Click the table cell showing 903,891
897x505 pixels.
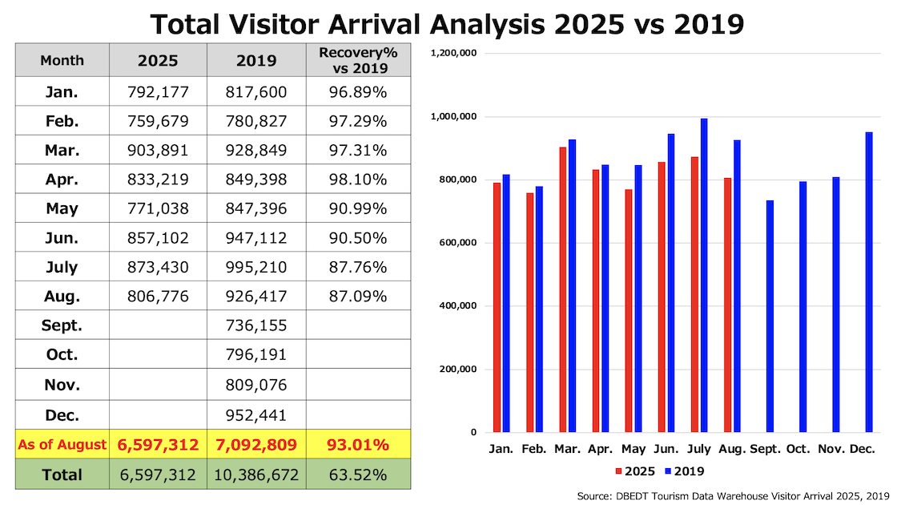(158, 150)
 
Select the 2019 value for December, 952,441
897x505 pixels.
(256, 415)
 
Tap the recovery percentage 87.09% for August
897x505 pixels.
(358, 297)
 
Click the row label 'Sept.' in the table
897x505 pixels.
(62, 326)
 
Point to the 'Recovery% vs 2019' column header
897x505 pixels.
(358, 60)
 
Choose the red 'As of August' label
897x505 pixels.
(62, 444)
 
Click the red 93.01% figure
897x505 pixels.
(358, 444)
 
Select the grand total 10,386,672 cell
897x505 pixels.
(256, 475)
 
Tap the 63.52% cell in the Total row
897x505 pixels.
(358, 475)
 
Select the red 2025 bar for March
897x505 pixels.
(562, 289)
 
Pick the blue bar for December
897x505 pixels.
(869, 282)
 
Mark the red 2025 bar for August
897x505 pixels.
(727, 305)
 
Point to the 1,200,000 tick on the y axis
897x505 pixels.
(454, 53)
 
